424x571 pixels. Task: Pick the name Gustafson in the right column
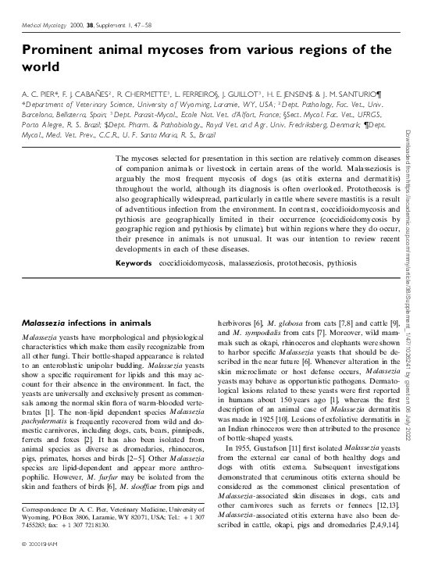(x=275, y=448)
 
